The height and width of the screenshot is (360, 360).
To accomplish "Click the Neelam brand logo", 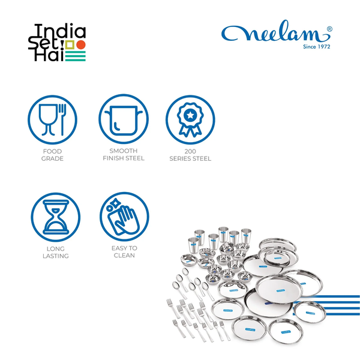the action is point(277,34).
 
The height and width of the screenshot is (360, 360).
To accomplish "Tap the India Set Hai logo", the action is point(57,43).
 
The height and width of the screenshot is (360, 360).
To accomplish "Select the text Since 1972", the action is point(317,47).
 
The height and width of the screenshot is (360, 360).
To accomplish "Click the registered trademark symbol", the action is point(329,29).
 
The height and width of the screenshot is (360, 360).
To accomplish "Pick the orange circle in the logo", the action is point(81,45).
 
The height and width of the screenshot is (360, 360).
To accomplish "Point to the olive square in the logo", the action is point(70,45).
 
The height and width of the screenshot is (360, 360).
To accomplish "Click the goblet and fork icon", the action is point(53,119).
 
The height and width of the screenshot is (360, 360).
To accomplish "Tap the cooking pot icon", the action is point(124,119).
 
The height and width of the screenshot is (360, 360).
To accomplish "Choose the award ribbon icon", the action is point(190,119).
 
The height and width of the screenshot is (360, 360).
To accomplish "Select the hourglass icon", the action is point(56,217).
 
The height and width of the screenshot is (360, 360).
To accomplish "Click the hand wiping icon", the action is point(124,217).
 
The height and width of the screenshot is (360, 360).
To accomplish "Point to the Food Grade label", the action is point(52,155).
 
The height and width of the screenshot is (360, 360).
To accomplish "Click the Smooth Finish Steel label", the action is point(124,155).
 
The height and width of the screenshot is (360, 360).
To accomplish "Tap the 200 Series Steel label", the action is point(190,155).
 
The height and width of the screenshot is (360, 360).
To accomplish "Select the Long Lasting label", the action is point(56,253).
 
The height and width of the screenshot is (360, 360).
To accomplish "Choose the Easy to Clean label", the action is point(124,252).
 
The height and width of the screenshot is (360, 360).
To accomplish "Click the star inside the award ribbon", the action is point(190,115).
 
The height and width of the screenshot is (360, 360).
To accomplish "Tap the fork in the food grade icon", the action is point(62,119).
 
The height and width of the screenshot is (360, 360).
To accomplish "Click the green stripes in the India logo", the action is point(76,56).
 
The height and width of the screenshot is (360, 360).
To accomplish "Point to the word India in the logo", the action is point(60,31).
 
